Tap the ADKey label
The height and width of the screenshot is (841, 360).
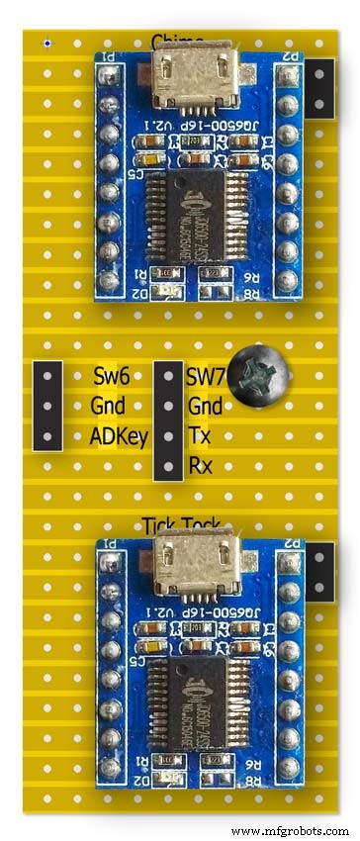coord(119,436)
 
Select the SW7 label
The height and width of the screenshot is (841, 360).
coord(205,376)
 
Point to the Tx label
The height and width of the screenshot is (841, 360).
coord(198,436)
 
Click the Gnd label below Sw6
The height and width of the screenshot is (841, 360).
coord(108,406)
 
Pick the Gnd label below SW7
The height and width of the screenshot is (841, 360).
coord(205,406)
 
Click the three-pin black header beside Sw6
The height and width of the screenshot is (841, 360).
coord(47,406)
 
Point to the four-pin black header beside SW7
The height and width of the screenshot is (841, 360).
coord(168,420)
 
